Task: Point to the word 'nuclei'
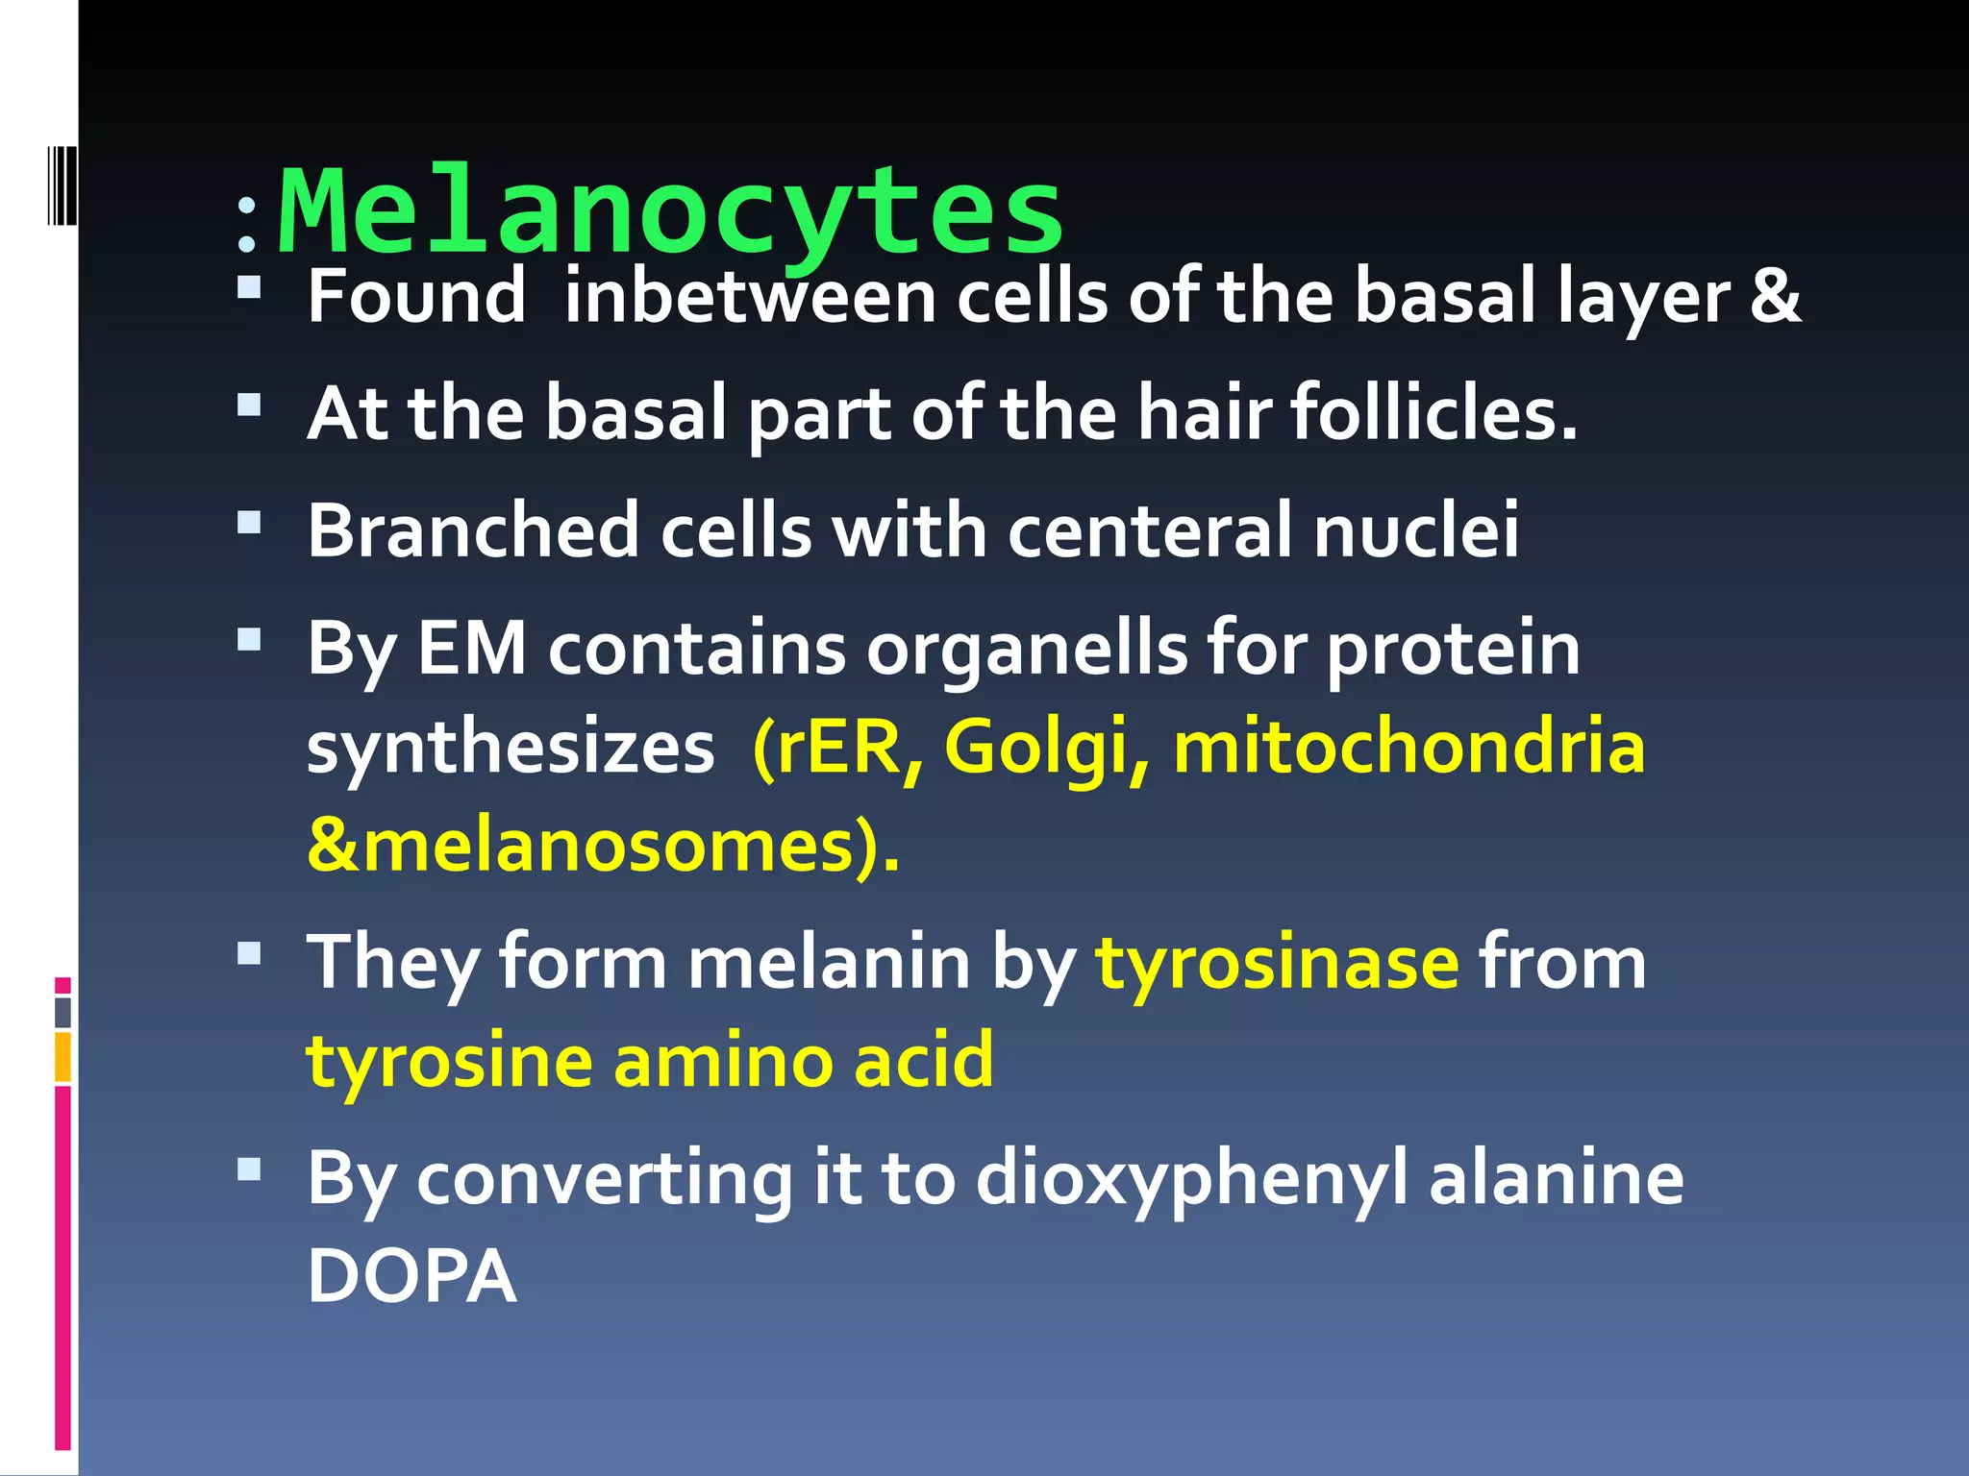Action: click(x=1416, y=530)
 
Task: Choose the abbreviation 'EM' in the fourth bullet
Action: click(x=472, y=650)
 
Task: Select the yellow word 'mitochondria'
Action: click(x=1409, y=747)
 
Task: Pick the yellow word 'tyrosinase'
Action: click(x=1277, y=963)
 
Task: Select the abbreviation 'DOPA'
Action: click(x=411, y=1277)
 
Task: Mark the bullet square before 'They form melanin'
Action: click(x=249, y=953)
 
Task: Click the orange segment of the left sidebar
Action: click(x=63, y=1056)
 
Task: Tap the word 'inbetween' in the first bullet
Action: click(x=750, y=297)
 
